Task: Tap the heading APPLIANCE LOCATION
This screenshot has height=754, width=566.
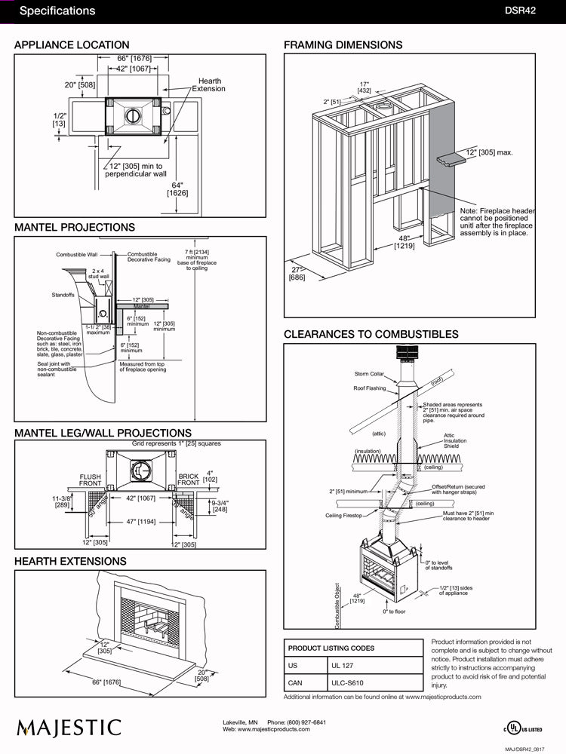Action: (72, 45)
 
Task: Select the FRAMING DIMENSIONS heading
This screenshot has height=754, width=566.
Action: (343, 45)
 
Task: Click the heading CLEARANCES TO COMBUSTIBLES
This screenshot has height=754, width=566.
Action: (371, 334)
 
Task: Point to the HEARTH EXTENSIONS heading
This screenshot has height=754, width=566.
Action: (70, 562)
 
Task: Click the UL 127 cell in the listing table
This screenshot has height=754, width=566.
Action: (343, 667)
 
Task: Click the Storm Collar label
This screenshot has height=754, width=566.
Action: (370, 374)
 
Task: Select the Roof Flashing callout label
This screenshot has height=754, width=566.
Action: (369, 388)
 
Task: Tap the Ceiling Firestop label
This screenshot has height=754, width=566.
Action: (344, 516)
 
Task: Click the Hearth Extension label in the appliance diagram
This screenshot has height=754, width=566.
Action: (208, 84)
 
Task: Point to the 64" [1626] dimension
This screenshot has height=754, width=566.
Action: (177, 188)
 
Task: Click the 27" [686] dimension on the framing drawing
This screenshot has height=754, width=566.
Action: (297, 274)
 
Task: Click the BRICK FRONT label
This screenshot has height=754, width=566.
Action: (188, 480)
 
